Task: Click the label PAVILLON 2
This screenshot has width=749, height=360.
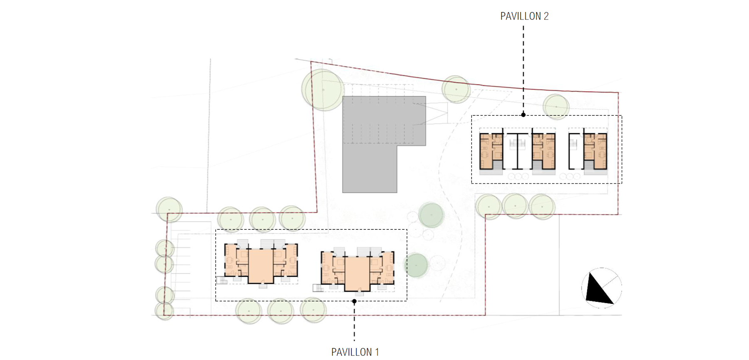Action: [x=524, y=16]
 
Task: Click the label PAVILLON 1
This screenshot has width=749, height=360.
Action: [x=355, y=352]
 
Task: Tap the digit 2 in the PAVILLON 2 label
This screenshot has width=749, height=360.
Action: [x=546, y=16]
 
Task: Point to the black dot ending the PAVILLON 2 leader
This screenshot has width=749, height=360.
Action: [x=523, y=114]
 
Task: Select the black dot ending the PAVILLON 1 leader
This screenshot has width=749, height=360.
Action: [x=355, y=301]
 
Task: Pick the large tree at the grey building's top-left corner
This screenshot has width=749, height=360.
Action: [x=323, y=89]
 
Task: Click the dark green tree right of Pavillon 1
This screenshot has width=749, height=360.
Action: [x=416, y=265]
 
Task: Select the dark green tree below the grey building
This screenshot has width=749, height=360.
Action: [x=431, y=215]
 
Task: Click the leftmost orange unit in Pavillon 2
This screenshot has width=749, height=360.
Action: [x=491, y=151]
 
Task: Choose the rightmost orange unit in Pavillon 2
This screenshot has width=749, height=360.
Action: [x=595, y=151]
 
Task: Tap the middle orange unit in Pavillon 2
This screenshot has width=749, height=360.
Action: [x=543, y=151]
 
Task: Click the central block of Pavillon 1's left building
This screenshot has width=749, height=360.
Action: [x=261, y=266]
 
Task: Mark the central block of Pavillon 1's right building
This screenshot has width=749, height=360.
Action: [x=357, y=274]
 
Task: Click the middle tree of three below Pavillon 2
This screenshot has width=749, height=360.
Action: [x=515, y=206]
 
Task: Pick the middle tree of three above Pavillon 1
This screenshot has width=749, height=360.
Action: [x=263, y=219]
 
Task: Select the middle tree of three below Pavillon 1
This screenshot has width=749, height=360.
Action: [x=281, y=311]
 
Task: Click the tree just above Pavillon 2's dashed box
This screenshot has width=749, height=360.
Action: [x=556, y=107]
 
